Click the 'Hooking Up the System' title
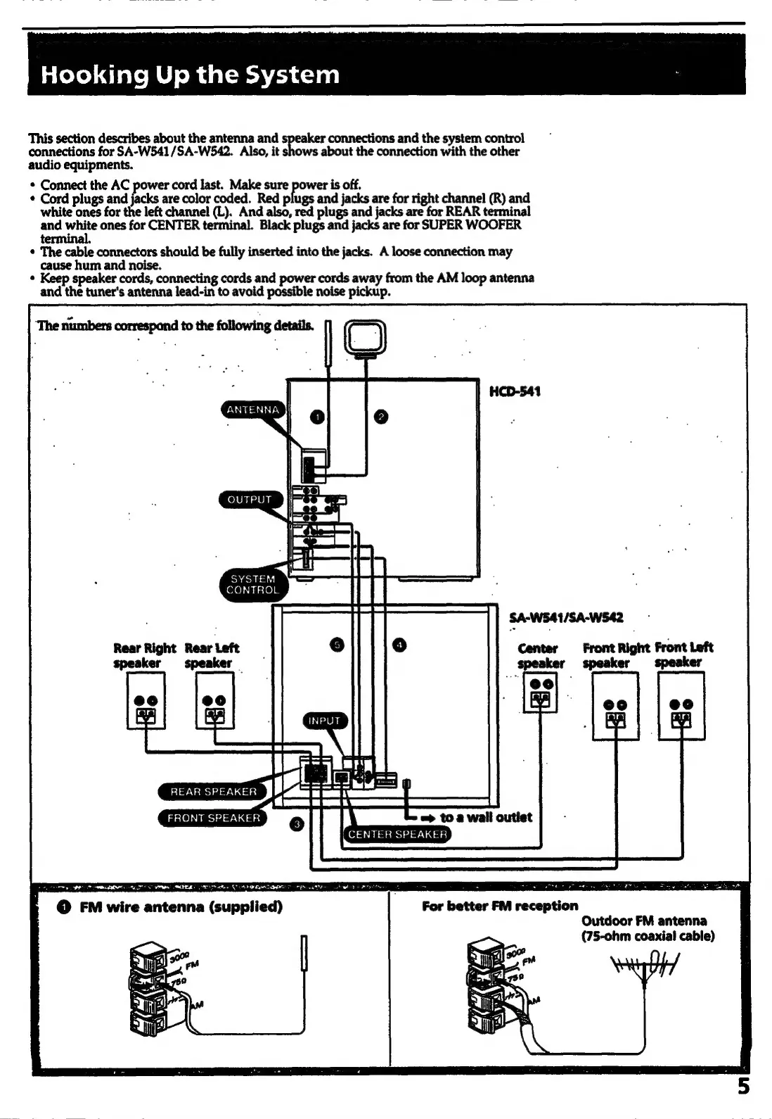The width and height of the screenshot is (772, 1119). point(190,75)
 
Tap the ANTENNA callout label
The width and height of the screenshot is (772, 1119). point(253,410)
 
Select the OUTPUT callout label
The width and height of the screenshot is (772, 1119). point(250,500)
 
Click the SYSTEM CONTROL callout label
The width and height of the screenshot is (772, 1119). point(252,584)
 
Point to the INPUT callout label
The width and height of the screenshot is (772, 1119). point(324,721)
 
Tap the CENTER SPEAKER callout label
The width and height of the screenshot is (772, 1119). point(398,835)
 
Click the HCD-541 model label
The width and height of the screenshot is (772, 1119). point(515,391)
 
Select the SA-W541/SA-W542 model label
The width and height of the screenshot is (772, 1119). point(566,618)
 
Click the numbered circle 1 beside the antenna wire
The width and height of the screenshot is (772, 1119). point(318,417)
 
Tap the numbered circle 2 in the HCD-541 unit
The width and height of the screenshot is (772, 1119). point(380,417)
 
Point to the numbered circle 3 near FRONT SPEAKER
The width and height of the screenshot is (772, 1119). point(297,824)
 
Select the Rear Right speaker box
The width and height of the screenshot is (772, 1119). point(146,700)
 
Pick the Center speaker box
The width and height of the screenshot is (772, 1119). point(541,692)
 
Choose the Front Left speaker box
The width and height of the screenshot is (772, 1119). point(681,706)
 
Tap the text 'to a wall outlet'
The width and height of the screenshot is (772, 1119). point(486,817)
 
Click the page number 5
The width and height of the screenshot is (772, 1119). point(743,1087)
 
